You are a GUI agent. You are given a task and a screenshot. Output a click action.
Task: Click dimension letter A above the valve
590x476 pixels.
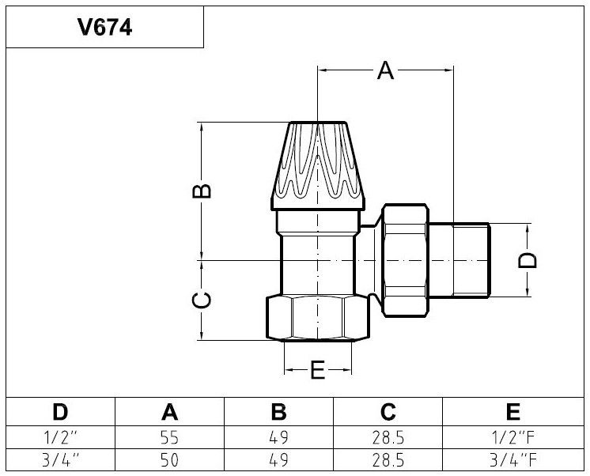pyautogui.click(x=385, y=71)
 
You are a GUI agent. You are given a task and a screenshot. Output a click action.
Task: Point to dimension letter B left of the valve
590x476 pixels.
pyautogui.click(x=203, y=191)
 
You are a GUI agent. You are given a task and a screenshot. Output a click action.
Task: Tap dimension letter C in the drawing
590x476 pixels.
pyautogui.click(x=203, y=300)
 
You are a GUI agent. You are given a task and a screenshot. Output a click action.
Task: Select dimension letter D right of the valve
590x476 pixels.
pyautogui.click(x=531, y=260)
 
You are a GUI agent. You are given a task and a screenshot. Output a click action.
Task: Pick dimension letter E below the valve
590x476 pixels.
pyautogui.click(x=318, y=370)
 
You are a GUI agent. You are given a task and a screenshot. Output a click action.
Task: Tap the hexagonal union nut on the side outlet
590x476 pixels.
pyautogui.click(x=406, y=259)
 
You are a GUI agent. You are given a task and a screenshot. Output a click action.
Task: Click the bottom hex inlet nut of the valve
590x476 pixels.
pyautogui.click(x=317, y=318)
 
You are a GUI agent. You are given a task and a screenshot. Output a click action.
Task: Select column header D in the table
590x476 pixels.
pyautogui.click(x=60, y=411)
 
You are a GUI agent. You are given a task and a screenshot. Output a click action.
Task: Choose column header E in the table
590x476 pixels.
pyautogui.click(x=513, y=411)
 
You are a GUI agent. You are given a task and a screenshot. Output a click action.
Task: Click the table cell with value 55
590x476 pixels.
pyautogui.click(x=168, y=437)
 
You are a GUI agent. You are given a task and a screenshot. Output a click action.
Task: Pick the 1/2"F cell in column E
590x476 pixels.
pyautogui.click(x=513, y=437)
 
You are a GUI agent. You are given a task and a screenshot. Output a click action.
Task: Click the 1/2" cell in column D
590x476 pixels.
pyautogui.click(x=60, y=437)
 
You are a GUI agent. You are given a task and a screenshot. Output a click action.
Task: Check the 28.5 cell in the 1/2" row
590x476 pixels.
pyautogui.click(x=387, y=437)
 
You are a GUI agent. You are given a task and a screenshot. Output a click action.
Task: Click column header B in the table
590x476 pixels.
pyautogui.click(x=278, y=411)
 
